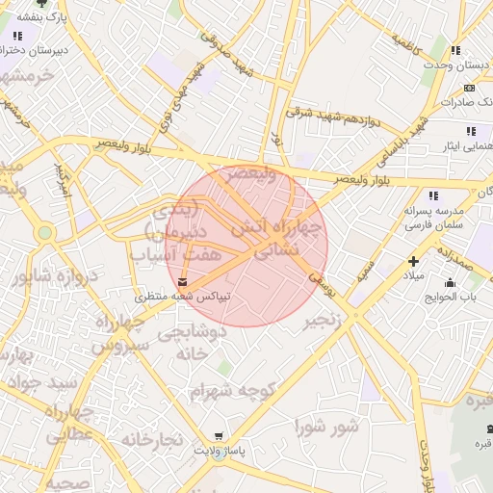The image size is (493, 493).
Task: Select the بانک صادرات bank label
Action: tap(466, 101)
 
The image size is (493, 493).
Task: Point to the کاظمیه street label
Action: tap(411, 41)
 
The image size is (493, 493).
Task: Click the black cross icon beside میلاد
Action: tap(414, 261)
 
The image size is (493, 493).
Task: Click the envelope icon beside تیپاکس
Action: tap(182, 281)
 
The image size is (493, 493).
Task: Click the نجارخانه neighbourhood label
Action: tap(151, 440)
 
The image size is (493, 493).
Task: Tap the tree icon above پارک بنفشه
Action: tap(39, 3)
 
